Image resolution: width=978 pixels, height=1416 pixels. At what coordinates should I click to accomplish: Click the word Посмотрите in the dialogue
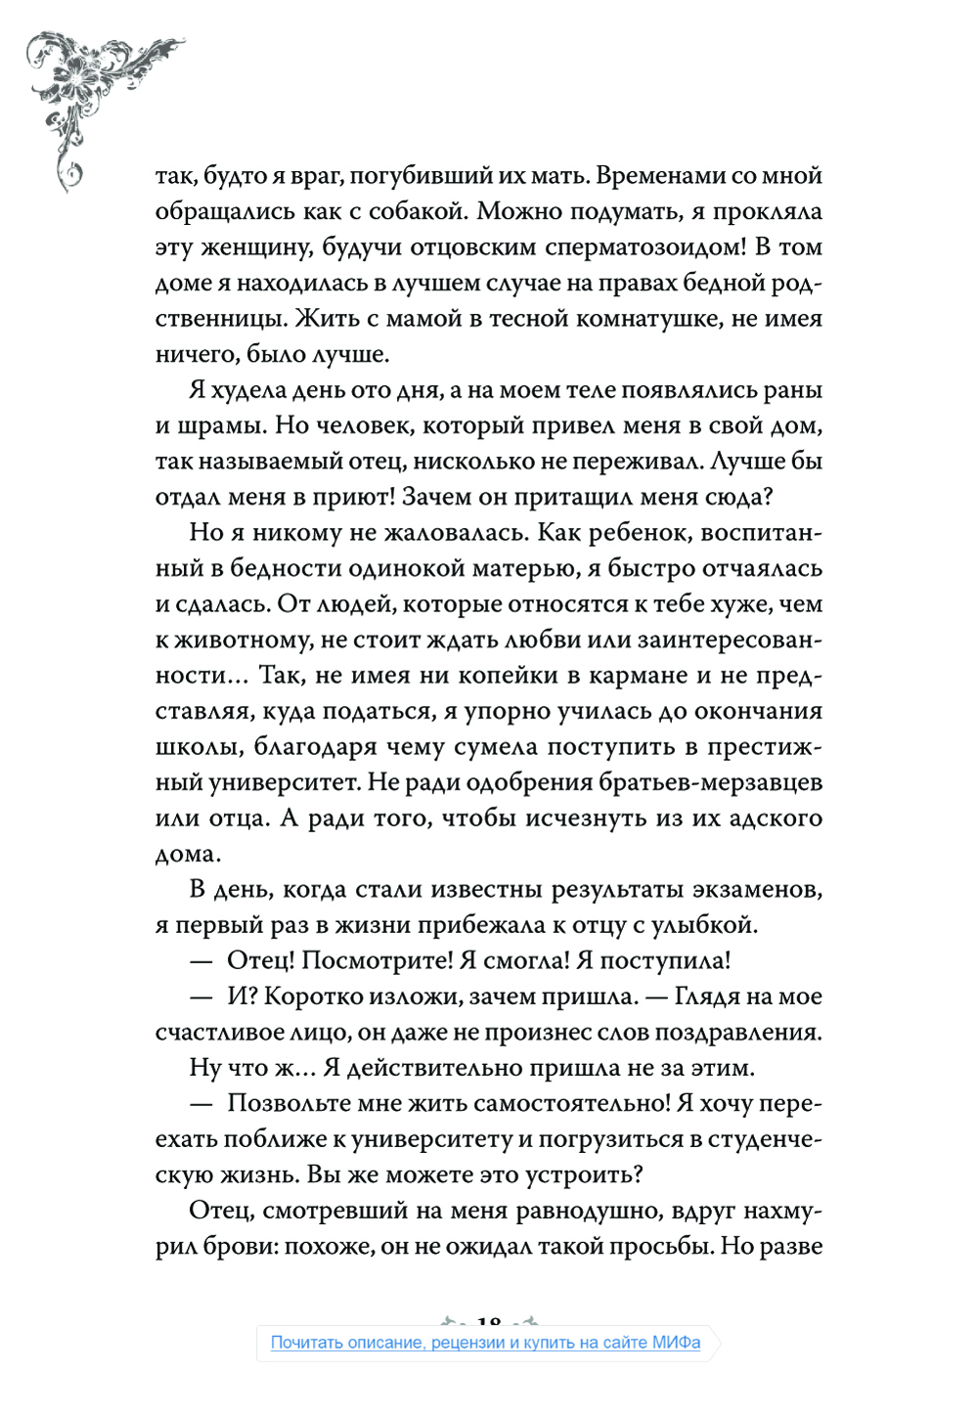376,960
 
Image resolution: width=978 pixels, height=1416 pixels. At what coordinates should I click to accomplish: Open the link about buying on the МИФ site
485,1343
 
